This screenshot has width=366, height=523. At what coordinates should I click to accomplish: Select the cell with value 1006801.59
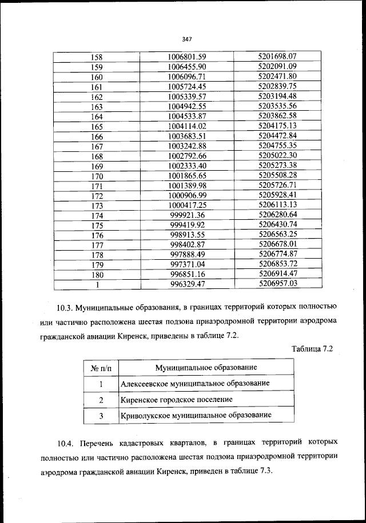pos(187,57)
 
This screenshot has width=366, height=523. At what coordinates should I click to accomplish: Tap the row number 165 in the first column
pos(97,127)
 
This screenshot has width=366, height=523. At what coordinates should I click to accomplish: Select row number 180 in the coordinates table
pos(97,274)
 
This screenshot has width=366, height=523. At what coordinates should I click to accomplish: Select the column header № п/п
pos(101,367)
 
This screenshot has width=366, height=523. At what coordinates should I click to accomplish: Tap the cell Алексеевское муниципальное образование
pos(195,383)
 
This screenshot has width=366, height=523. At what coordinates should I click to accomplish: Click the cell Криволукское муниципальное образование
pos(196,415)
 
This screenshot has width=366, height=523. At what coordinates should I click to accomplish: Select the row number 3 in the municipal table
pos(101,416)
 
